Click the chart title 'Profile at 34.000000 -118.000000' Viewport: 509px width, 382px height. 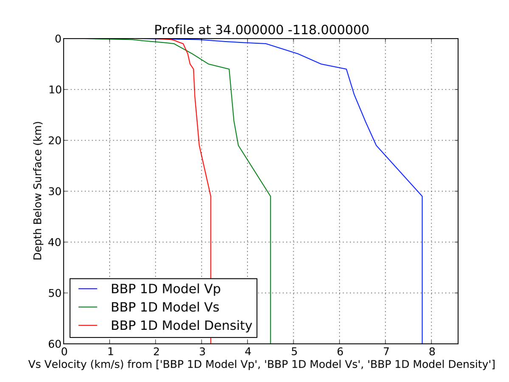(x=261, y=30)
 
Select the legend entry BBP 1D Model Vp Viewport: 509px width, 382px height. (x=166, y=289)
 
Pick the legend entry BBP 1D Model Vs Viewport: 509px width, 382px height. (x=165, y=307)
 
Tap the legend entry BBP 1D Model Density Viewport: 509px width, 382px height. (x=181, y=326)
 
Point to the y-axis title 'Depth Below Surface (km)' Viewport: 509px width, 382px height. (x=38, y=191)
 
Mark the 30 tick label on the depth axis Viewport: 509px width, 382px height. (x=54, y=191)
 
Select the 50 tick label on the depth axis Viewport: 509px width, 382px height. (x=54, y=293)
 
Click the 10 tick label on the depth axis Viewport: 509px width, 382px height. (x=54, y=90)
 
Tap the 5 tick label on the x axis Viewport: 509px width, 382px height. (x=293, y=352)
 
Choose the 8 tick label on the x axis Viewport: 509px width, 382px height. (x=431, y=352)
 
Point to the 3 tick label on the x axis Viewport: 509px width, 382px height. (x=202, y=352)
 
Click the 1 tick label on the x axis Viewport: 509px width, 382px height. (x=110, y=352)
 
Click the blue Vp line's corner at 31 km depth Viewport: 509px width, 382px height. (x=422, y=196)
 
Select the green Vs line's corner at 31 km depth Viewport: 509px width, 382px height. (x=270, y=196)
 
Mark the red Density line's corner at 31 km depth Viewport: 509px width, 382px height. (x=211, y=196)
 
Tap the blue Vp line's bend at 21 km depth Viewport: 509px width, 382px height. (x=376, y=145)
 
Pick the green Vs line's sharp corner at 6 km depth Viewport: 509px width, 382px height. (x=229, y=69)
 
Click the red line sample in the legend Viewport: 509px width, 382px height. (x=88, y=326)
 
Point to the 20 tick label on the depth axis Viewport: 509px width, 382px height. (x=54, y=140)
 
